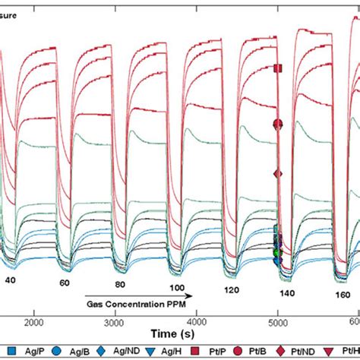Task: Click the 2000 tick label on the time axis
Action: tap(32, 321)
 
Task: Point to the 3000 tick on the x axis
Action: tap(114, 321)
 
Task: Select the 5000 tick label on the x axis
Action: tap(278, 321)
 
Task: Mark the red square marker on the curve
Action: tap(278, 68)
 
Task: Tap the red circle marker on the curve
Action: tap(278, 124)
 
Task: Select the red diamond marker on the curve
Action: tap(278, 174)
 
